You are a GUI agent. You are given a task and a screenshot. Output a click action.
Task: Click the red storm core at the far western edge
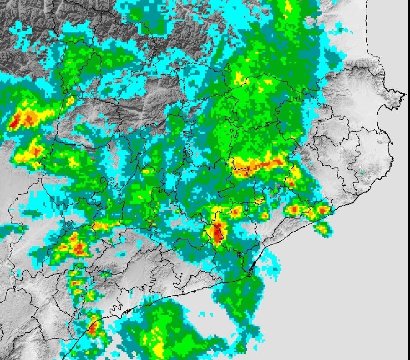click(x=15, y=121)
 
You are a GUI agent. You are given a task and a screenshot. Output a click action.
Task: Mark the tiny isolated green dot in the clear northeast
click(x=362, y=172)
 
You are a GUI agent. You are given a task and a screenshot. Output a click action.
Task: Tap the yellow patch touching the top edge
click(x=288, y=6)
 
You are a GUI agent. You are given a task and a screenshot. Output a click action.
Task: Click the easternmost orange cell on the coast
click(x=323, y=210)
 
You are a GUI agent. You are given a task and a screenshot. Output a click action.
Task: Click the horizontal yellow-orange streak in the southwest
click(x=102, y=225)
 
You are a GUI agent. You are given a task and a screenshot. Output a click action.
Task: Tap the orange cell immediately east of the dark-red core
click(x=236, y=211)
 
